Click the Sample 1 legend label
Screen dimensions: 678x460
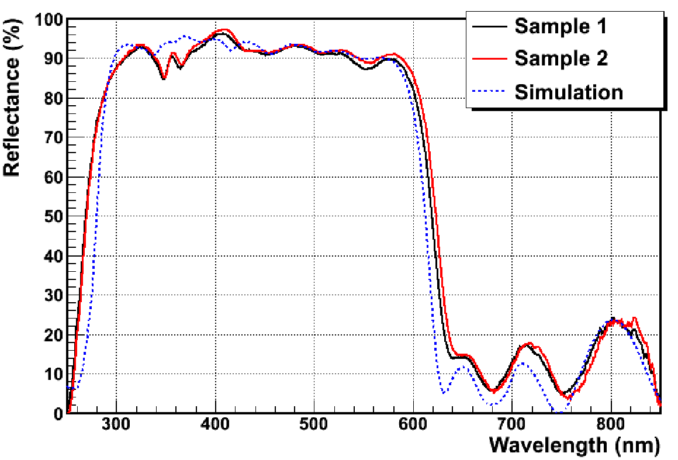pyautogui.click(x=561, y=26)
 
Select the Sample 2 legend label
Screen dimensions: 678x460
pyautogui.click(x=561, y=58)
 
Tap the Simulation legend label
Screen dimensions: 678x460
pyautogui.click(x=569, y=92)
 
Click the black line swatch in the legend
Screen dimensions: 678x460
pyautogui.click(x=489, y=27)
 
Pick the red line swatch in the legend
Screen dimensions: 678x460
pyautogui.click(x=489, y=59)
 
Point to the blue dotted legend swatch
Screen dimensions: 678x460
pyautogui.click(x=489, y=91)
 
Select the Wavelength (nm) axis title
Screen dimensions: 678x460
pyautogui.click(x=575, y=444)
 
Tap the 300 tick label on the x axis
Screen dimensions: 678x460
pyautogui.click(x=116, y=424)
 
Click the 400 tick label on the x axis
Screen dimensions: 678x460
pyautogui.click(x=215, y=424)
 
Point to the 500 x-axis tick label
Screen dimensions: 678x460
pyautogui.click(x=314, y=424)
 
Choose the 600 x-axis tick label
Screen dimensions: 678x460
pyautogui.click(x=413, y=424)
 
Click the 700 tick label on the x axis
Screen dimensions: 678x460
pyautogui.click(x=512, y=424)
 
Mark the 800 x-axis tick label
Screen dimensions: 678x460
pyautogui.click(x=611, y=424)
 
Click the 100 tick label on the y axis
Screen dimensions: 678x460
pyautogui.click(x=49, y=19)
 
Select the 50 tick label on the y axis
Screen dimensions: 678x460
pyautogui.click(x=54, y=216)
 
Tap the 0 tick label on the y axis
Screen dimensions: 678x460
pyautogui.click(x=58, y=413)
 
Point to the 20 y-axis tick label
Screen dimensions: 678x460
pyautogui.click(x=54, y=334)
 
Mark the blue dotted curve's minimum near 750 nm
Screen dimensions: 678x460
pyautogui.click(x=559, y=412)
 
